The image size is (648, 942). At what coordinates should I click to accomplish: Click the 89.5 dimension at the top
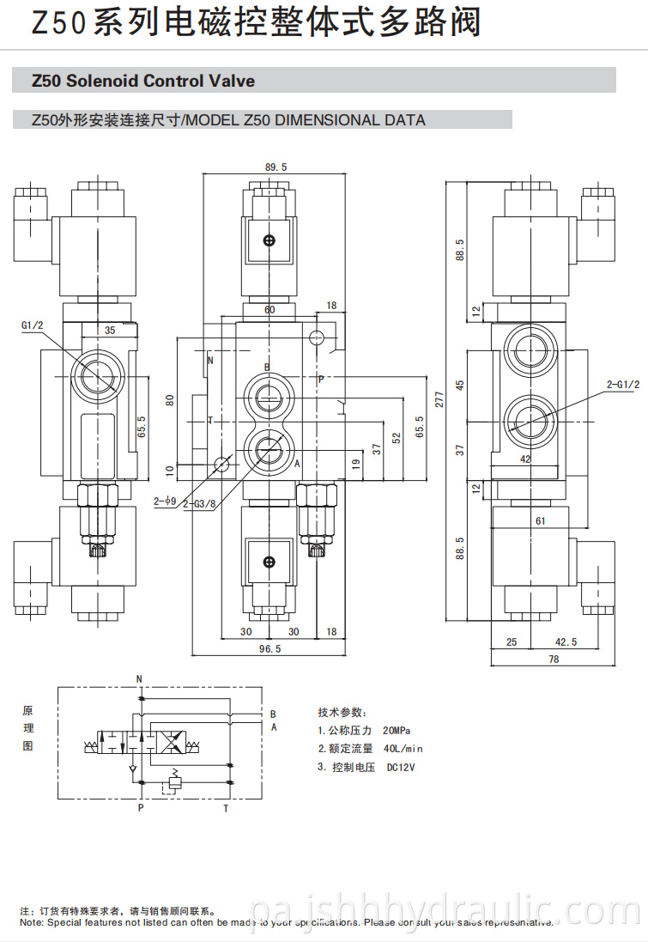276,167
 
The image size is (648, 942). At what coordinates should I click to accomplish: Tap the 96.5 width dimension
270,649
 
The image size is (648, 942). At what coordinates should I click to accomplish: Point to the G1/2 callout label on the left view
32,325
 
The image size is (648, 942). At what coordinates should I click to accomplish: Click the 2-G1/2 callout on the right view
622,385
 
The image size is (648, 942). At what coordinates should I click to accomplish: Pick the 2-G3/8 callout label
198,504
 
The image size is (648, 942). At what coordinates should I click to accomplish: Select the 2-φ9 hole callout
163,501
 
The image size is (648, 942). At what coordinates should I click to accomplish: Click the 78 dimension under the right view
554,659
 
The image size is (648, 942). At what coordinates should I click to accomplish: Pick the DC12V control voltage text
401,767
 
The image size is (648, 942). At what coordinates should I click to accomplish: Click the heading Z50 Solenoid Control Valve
142,81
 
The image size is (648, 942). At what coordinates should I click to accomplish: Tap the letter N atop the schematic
139,679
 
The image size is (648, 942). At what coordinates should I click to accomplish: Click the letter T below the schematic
226,808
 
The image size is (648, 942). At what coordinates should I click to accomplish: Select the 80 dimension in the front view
170,400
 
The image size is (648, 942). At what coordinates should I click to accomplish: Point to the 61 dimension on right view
540,520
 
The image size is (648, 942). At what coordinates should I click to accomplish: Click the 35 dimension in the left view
110,330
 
